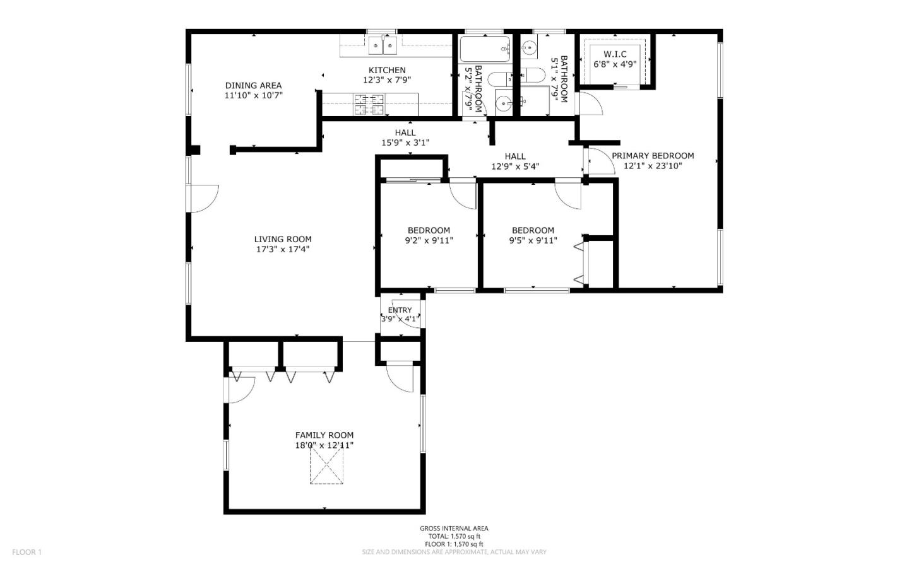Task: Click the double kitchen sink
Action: pyautogui.click(x=383, y=45)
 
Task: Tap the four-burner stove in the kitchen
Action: pyautogui.click(x=369, y=104)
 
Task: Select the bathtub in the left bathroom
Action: pyautogui.click(x=484, y=49)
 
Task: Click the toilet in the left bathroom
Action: pyautogui.click(x=502, y=79)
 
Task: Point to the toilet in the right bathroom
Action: pyautogui.click(x=532, y=76)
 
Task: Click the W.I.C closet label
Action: pyautogui.click(x=615, y=54)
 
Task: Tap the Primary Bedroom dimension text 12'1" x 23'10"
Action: pyautogui.click(x=653, y=167)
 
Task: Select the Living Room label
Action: pyautogui.click(x=283, y=239)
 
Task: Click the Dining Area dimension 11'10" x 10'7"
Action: pyautogui.click(x=253, y=96)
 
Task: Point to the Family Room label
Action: pyautogui.click(x=324, y=435)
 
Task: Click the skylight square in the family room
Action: pyautogui.click(x=326, y=468)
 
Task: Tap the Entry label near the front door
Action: pyautogui.click(x=400, y=310)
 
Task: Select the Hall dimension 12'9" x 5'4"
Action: pyautogui.click(x=515, y=167)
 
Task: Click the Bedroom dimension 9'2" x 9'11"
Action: pyautogui.click(x=429, y=240)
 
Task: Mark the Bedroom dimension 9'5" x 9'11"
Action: pyautogui.click(x=533, y=240)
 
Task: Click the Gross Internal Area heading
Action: pyautogui.click(x=454, y=529)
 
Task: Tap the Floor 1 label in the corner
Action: pyautogui.click(x=27, y=552)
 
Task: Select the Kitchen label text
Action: pyautogui.click(x=387, y=70)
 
